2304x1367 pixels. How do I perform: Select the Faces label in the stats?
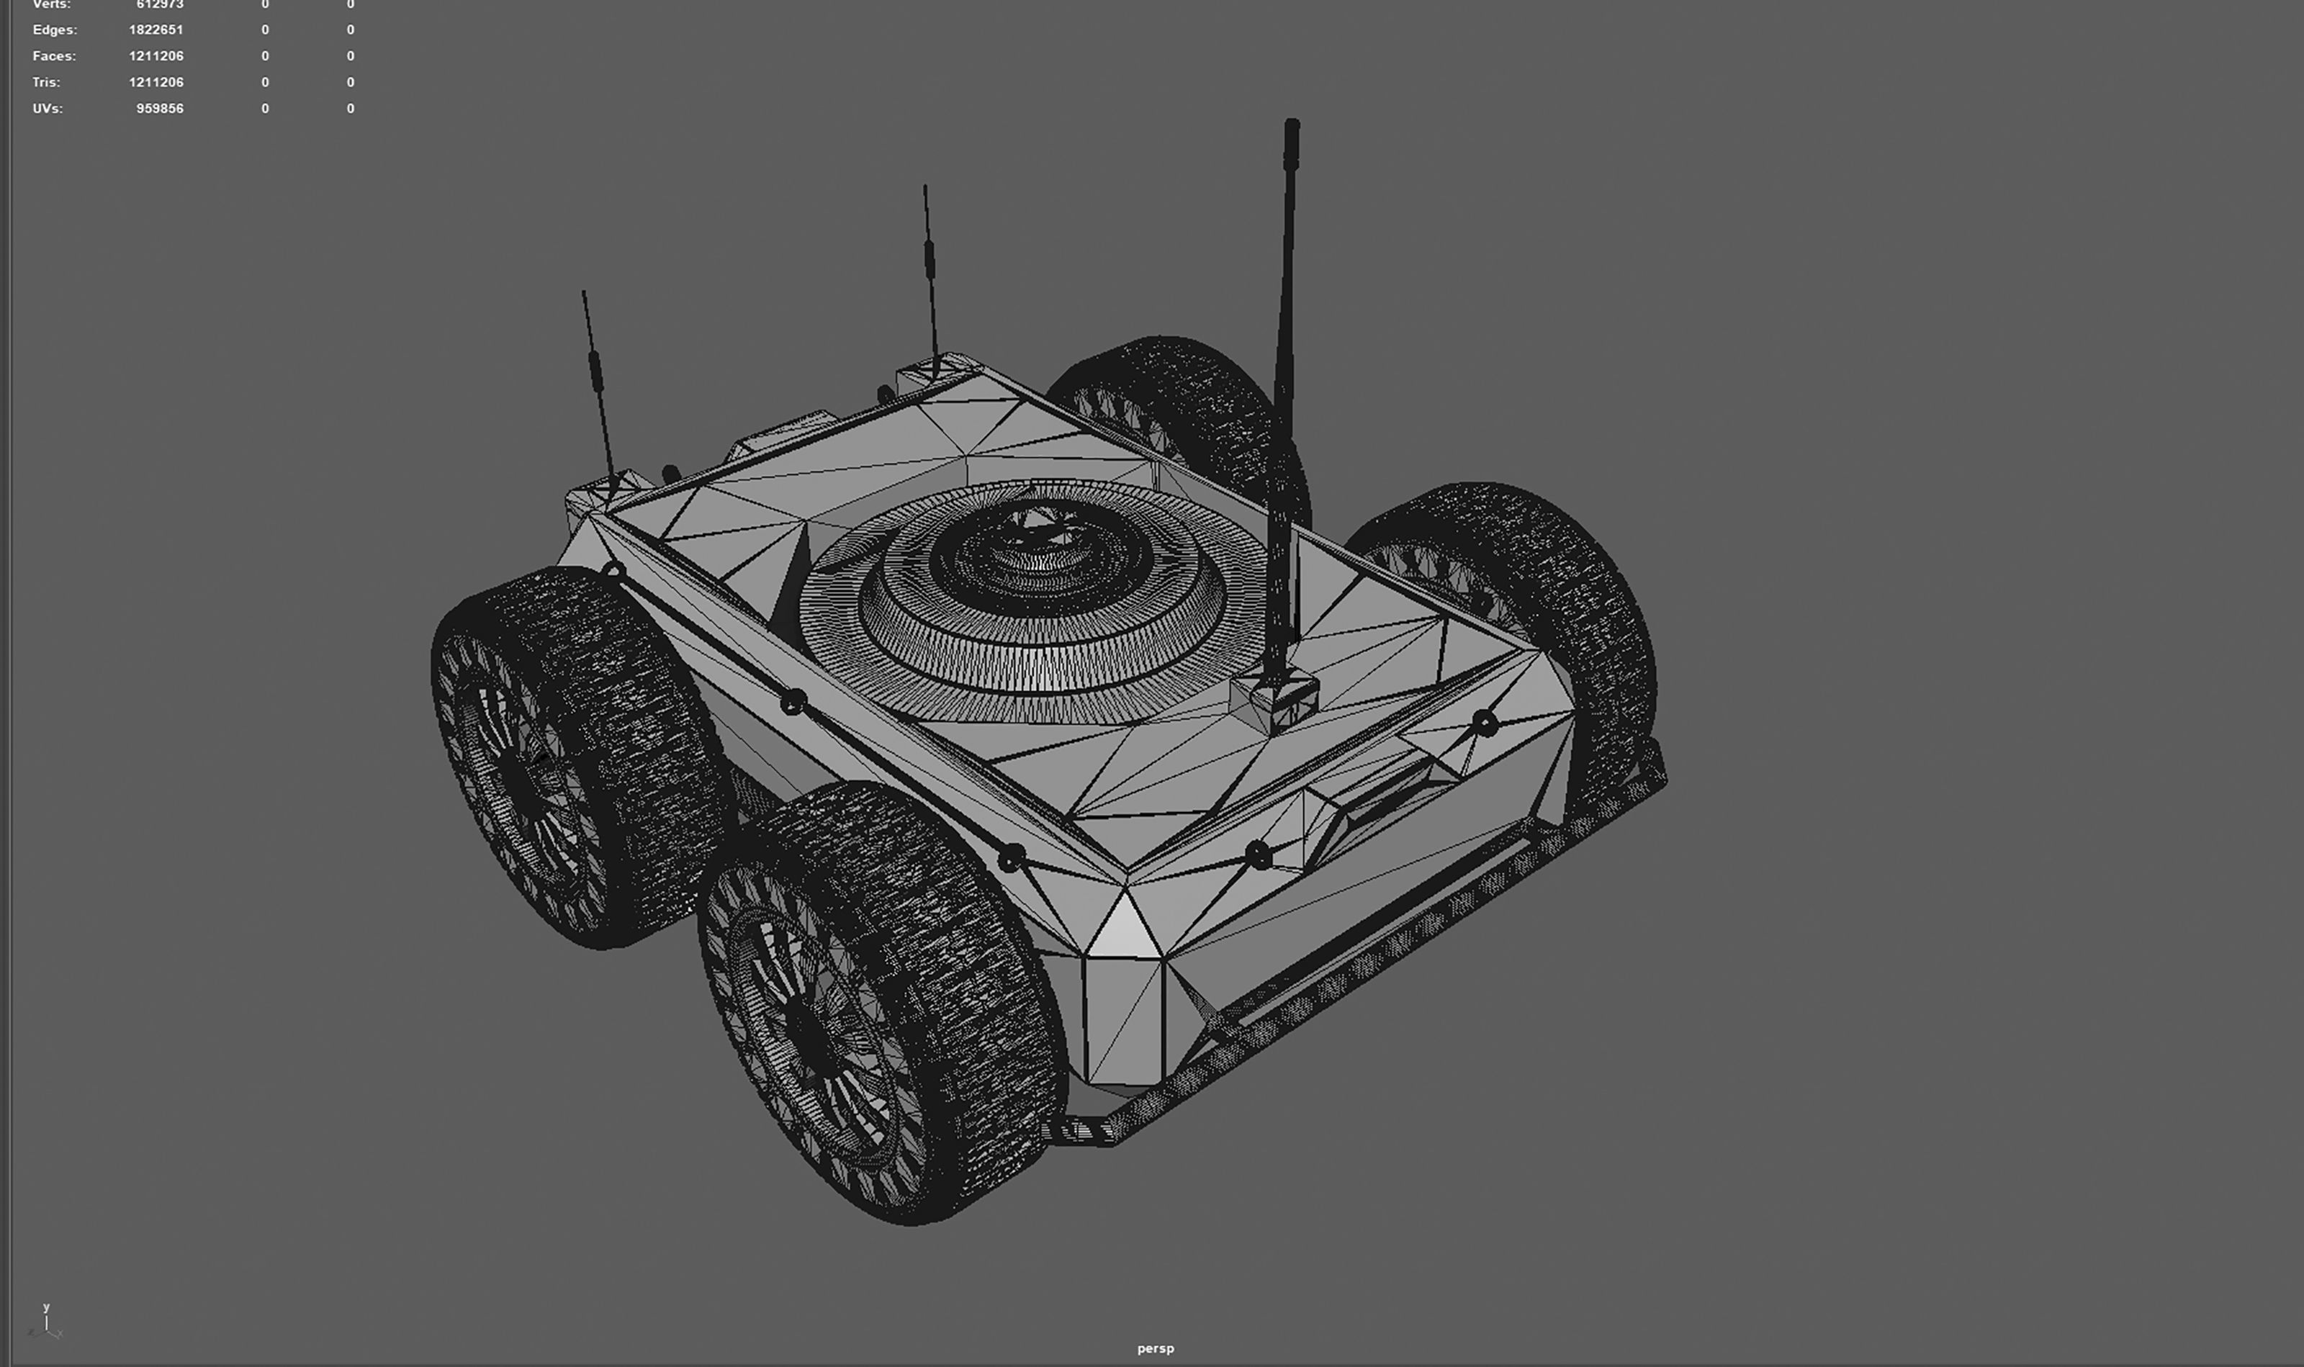[x=53, y=56]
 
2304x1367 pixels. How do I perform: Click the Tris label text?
[x=46, y=82]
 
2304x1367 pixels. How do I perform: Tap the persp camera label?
[x=1155, y=1348]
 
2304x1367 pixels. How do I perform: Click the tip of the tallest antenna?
[x=1292, y=125]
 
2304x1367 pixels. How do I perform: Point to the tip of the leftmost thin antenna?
[x=583, y=293]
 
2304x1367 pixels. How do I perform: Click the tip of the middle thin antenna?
[x=925, y=187]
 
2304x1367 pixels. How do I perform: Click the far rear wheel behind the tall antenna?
[x=1189, y=405]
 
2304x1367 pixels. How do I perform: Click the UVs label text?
[x=47, y=109]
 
